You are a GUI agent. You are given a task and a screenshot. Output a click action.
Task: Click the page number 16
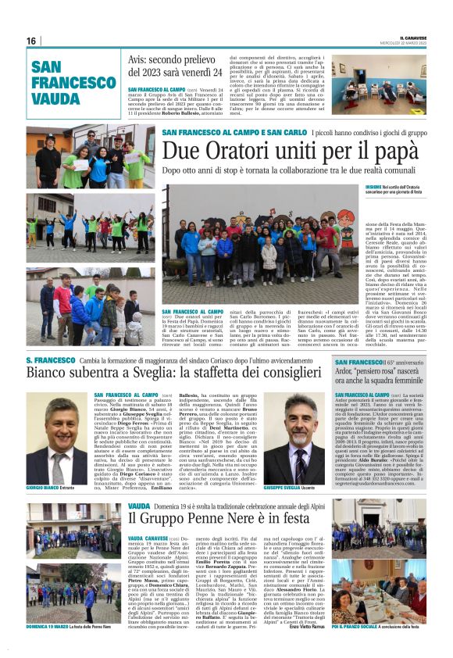click(31, 41)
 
